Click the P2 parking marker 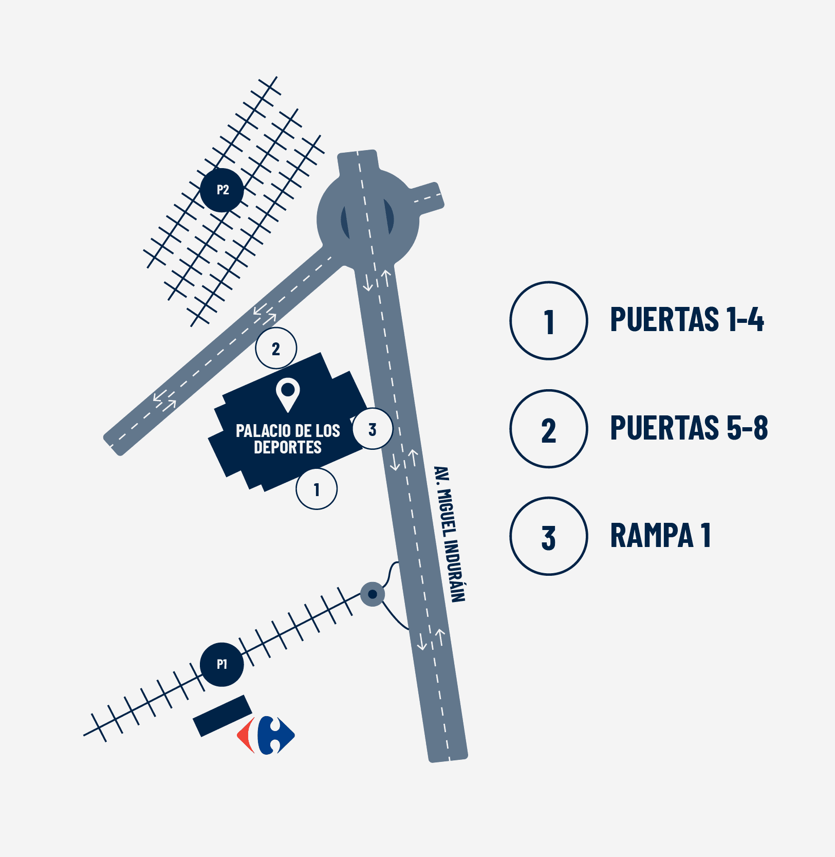(221, 190)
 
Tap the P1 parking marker (221, 664)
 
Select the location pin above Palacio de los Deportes (288, 393)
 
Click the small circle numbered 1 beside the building (317, 489)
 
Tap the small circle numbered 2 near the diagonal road (276, 348)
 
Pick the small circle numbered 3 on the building (373, 429)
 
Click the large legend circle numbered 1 (549, 320)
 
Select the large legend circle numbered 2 (549, 429)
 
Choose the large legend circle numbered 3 (549, 536)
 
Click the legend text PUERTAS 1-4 (686, 319)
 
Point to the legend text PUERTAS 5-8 (689, 428)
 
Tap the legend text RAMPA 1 (660, 536)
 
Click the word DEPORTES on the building (288, 447)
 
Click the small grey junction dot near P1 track (373, 594)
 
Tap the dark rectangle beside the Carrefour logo (222, 716)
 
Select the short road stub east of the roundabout (426, 197)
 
